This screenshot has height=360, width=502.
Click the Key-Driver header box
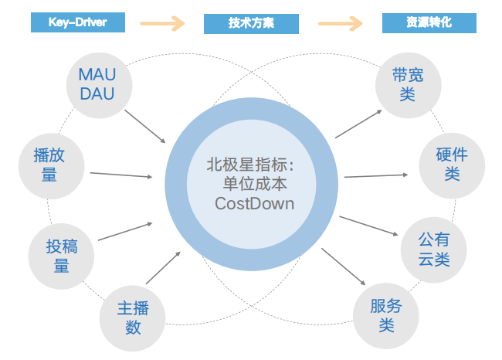tap(78, 23)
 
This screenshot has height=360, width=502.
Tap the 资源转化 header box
tap(429, 23)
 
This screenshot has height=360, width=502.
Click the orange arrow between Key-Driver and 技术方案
tap(163, 24)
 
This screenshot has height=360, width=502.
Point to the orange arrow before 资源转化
tap(340, 24)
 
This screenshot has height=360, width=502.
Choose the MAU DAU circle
tap(97, 84)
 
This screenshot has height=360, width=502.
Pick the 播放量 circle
tap(49, 165)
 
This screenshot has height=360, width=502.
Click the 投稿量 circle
tap(61, 256)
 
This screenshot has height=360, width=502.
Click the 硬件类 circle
tap(452, 164)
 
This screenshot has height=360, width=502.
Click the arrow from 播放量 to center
tap(120, 175)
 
